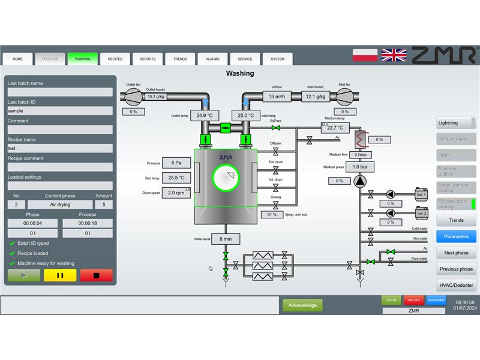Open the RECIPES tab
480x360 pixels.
pos(115,59)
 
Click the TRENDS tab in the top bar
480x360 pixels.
pos(180,59)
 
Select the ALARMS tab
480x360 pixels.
pos(212,59)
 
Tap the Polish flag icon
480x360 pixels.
pos(365,55)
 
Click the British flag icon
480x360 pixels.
pos(394,55)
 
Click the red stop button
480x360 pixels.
pos(96,275)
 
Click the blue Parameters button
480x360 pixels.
pos(456,236)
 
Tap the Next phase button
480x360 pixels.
pos(456,253)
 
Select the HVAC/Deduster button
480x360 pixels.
pos(456,285)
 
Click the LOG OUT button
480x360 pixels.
pos(413,300)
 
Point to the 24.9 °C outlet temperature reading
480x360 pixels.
pos(205,116)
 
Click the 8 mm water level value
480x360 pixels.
pos(226,239)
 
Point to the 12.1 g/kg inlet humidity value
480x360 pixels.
pos(316,96)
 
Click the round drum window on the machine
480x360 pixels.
pos(226,178)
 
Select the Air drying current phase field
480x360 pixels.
pos(59,205)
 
